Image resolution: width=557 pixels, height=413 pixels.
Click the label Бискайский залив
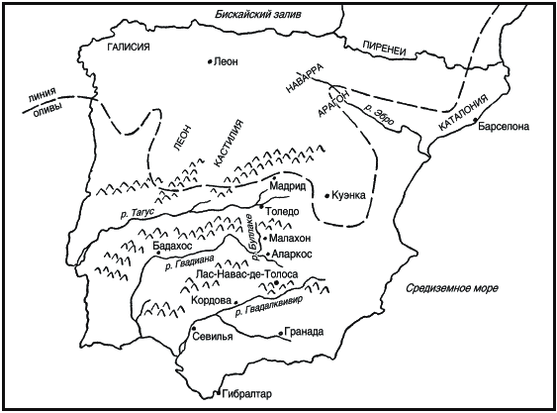tap(258, 14)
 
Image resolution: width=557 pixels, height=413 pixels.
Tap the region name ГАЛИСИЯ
tap(129, 47)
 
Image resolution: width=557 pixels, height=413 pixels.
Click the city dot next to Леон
tap(210, 61)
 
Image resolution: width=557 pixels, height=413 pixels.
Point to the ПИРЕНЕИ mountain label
tap(384, 48)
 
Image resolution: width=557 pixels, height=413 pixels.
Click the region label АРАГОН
tap(333, 103)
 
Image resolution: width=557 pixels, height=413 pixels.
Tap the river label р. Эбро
tap(379, 114)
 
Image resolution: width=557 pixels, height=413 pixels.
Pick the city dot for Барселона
tap(474, 122)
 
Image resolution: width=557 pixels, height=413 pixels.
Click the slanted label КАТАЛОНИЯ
tap(464, 114)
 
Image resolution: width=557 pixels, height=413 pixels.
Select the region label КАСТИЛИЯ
tap(230, 144)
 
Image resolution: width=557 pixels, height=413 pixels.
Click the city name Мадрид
tap(288, 185)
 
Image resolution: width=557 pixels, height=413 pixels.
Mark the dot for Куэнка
tap(327, 196)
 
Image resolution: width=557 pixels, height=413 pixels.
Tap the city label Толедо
tap(282, 211)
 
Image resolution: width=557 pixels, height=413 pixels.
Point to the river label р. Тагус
tap(137, 213)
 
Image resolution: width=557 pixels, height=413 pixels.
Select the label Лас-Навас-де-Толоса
tap(247, 274)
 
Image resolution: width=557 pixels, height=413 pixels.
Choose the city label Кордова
tap(212, 300)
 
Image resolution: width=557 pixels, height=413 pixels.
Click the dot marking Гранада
tap(281, 334)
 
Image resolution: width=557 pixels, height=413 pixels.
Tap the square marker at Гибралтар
tap(219, 393)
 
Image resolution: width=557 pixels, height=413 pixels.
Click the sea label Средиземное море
tap(452, 288)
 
